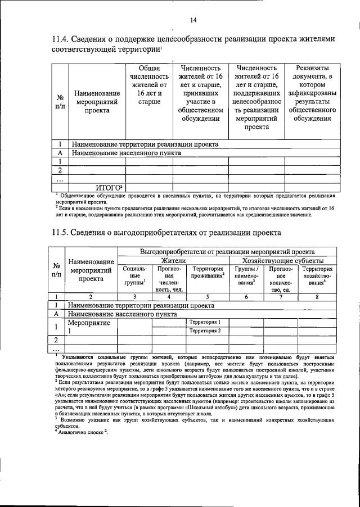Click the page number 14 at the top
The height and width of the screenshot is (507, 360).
coord(193,20)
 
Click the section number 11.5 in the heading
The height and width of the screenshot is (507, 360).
coord(61,233)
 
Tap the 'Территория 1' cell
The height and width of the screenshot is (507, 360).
coord(205,322)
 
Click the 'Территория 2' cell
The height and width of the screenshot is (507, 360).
coord(205,331)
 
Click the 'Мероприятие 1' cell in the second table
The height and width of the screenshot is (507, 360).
coord(90,327)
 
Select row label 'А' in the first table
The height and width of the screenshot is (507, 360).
coord(60,152)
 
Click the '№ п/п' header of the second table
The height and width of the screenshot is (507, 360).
coord(57,270)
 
